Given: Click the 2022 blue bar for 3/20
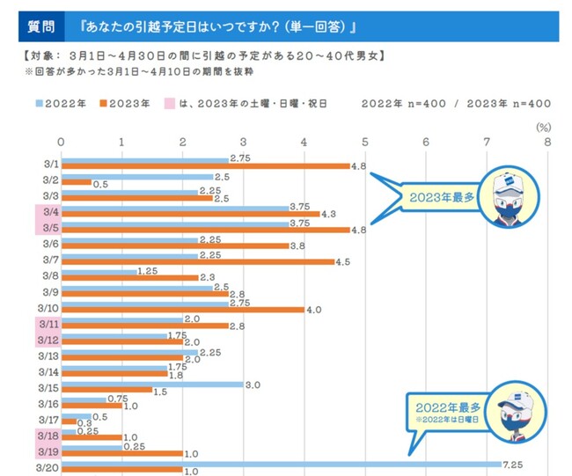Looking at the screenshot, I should [x=280, y=463].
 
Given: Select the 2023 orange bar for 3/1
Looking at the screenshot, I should [x=205, y=165].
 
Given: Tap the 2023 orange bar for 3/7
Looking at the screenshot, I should [x=197, y=260].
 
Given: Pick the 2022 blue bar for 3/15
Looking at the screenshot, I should [x=151, y=384].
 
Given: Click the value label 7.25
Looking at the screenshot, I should [x=513, y=463].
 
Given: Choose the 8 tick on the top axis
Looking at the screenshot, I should [x=546, y=141].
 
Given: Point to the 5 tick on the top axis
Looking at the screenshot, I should [x=364, y=141].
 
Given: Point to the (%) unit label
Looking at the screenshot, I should [x=543, y=126].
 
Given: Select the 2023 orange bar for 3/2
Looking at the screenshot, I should [x=75, y=182].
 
